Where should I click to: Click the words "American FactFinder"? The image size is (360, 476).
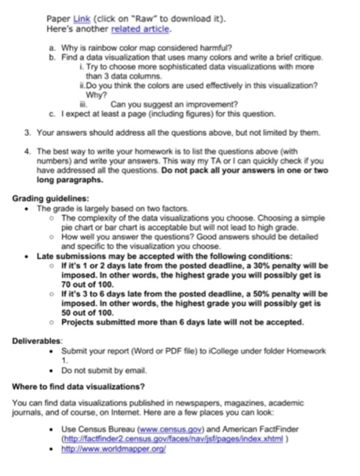pos(258,430)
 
